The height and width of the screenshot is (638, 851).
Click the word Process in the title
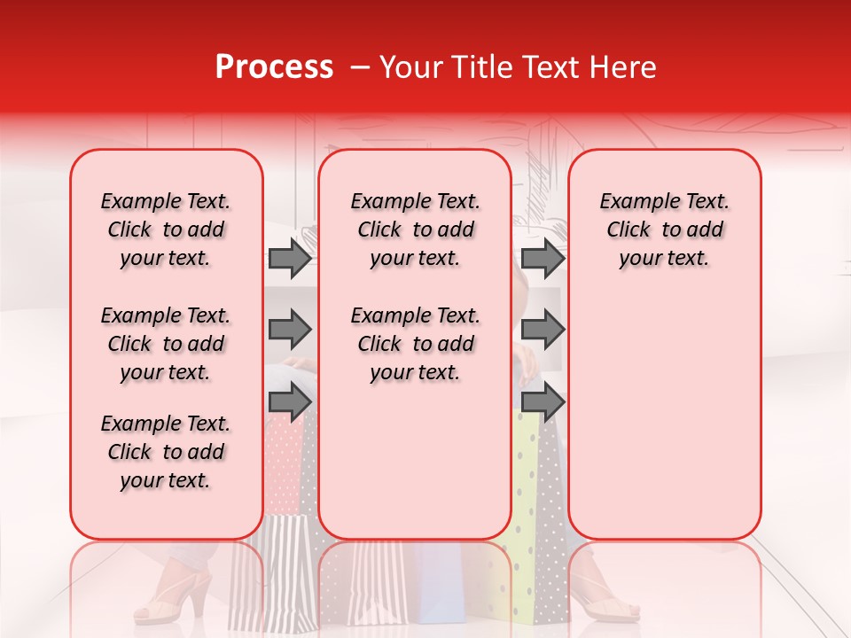[x=274, y=67]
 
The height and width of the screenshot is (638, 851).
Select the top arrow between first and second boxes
[x=290, y=258]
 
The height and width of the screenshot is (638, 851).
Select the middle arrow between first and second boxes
[x=290, y=330]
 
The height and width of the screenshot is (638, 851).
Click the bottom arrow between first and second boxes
[x=290, y=402]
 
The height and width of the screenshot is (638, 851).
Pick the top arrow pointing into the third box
[x=543, y=258]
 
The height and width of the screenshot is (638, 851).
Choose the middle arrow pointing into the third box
[x=543, y=330]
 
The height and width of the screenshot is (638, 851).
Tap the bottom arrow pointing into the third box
[x=543, y=402]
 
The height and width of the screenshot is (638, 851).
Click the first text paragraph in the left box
[x=166, y=230]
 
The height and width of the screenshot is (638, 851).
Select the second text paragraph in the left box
[x=166, y=344]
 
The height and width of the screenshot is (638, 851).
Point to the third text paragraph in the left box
[x=166, y=452]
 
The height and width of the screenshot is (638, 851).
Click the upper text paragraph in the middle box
[x=415, y=230]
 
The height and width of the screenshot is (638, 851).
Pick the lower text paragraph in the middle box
[x=415, y=344]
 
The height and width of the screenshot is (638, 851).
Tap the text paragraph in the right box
[x=665, y=230]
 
